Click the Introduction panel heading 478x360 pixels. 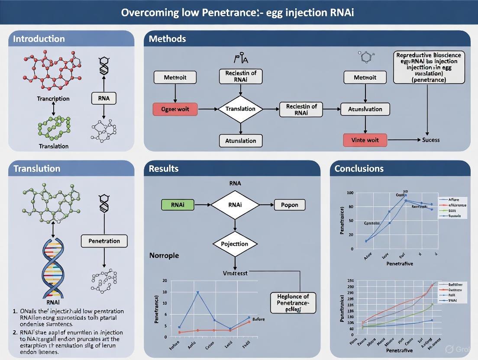(x=39, y=39)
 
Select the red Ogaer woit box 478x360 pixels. (x=175, y=109)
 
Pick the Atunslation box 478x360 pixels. (x=240, y=141)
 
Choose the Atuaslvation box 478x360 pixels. (x=365, y=109)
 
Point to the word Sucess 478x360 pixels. (x=431, y=140)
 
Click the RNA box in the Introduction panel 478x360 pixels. (x=104, y=98)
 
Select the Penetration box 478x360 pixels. (x=104, y=241)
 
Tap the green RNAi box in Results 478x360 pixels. (x=178, y=205)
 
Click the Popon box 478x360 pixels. (x=290, y=205)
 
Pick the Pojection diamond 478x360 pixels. (x=235, y=244)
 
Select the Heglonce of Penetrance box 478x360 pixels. (x=293, y=302)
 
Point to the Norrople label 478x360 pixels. (x=164, y=255)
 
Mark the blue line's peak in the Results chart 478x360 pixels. (x=198, y=292)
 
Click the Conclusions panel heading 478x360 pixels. (x=359, y=169)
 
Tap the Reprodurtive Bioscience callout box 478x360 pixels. (x=428, y=67)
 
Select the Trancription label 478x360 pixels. (x=53, y=99)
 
